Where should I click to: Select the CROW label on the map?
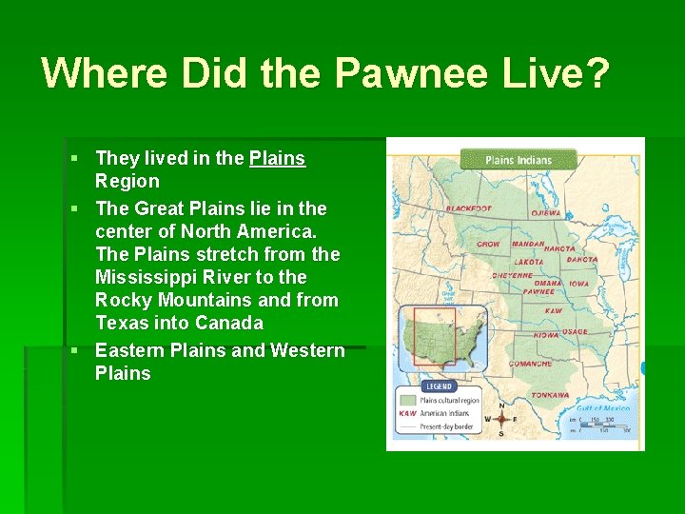(488, 244)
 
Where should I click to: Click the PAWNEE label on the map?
(538, 292)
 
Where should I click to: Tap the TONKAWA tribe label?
(550, 394)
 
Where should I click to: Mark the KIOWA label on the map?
(545, 335)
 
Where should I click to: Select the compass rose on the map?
(500, 418)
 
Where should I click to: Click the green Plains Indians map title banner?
(519, 159)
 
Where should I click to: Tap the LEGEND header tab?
(438, 387)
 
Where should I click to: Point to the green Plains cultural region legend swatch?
(407, 402)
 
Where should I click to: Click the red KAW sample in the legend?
(407, 414)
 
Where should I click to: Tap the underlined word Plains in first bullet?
(277, 158)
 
